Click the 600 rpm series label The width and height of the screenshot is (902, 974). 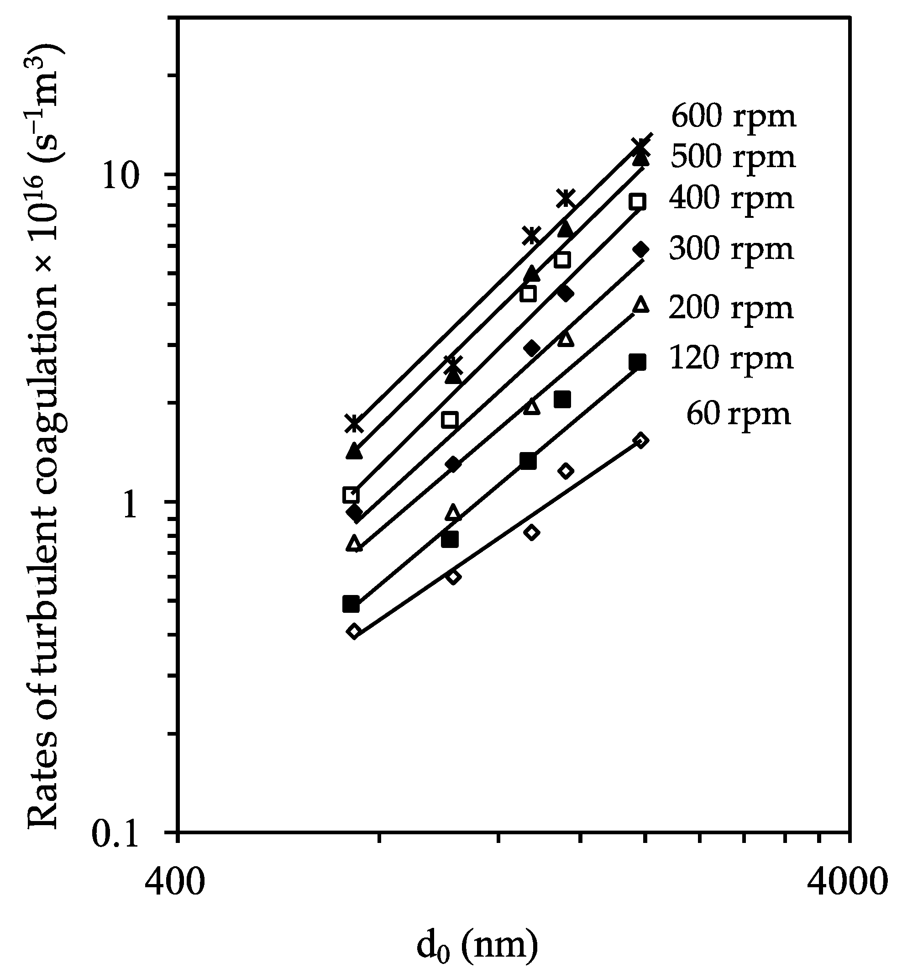click(734, 117)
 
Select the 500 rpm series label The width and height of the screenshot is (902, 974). click(733, 157)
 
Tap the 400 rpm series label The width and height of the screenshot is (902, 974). click(731, 199)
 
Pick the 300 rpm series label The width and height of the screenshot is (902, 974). click(731, 249)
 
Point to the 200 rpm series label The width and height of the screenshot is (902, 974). click(731, 309)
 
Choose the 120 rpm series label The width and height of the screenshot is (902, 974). click(731, 359)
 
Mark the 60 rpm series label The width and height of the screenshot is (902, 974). click(738, 415)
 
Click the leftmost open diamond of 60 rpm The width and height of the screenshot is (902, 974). click(354, 631)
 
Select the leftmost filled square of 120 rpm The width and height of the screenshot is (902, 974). click(351, 604)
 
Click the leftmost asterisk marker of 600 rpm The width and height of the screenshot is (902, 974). click(354, 423)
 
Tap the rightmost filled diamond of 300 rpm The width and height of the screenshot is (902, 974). click(641, 249)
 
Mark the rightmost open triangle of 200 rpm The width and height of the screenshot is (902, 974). click(641, 304)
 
